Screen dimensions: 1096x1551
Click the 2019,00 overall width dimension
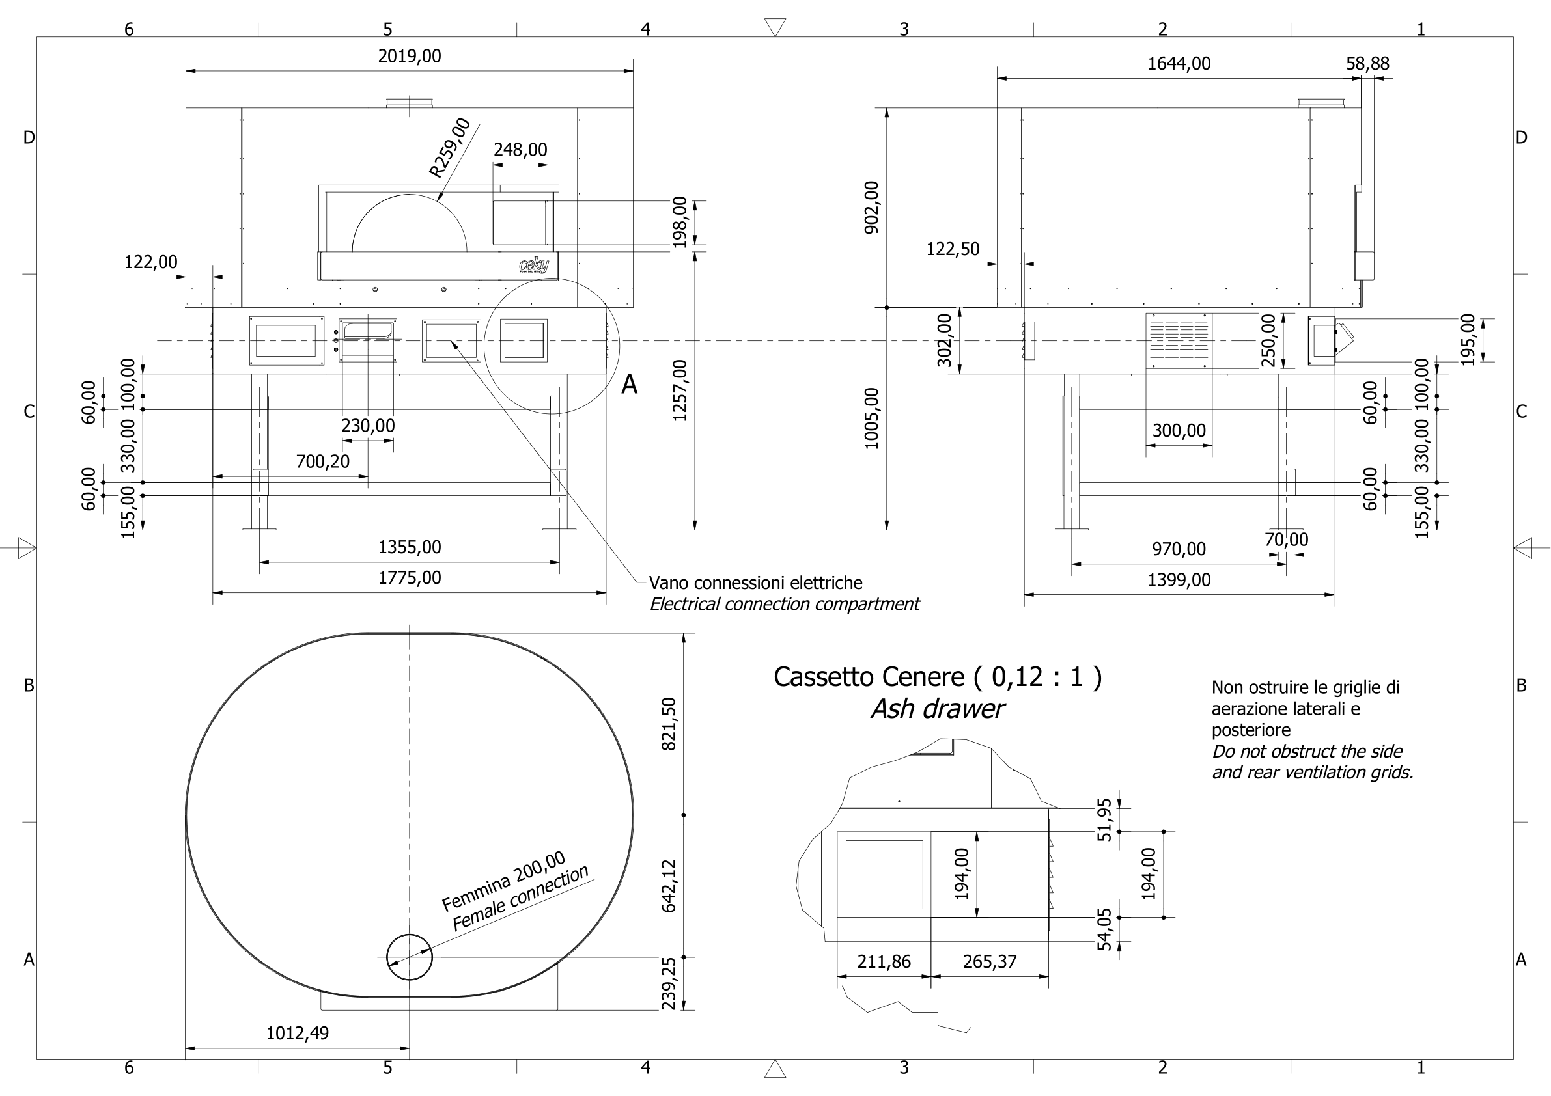tap(410, 56)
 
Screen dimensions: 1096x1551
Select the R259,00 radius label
tap(450, 148)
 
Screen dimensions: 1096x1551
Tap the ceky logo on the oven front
tap(534, 266)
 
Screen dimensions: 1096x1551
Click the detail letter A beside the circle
tap(629, 385)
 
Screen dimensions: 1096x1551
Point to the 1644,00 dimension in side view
tap(1179, 64)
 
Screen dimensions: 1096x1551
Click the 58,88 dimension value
tap(1367, 64)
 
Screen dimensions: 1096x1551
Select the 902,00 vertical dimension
tap(872, 208)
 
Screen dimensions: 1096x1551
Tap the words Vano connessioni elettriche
tap(755, 582)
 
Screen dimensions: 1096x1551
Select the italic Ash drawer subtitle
tap(937, 709)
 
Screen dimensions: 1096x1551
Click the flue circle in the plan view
tap(410, 957)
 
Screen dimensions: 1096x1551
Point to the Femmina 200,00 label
tap(503, 881)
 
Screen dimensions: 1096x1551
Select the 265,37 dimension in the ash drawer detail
tap(990, 962)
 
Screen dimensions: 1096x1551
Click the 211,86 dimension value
tap(884, 962)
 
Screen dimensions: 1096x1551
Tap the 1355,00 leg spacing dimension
tap(410, 547)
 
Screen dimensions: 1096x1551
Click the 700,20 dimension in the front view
tap(323, 462)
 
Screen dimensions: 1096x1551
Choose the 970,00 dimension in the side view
tap(1179, 549)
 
